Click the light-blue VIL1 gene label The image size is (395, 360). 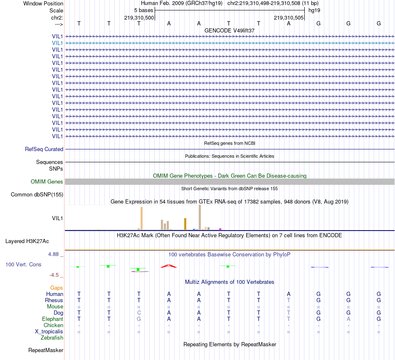click(57, 43)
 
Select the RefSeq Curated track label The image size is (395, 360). click(44, 149)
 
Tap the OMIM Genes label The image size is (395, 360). click(47, 181)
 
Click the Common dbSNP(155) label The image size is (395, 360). click(37, 194)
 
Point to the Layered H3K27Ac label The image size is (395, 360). click(27, 241)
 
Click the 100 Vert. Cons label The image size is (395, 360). click(23, 264)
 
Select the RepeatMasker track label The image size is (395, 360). click(45, 350)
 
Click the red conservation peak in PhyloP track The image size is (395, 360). click(168, 266)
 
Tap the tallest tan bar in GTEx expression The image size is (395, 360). click(200, 217)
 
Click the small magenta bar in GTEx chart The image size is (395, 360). click(220, 228)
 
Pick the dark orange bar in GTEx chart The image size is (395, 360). click(185, 223)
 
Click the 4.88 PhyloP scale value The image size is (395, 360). click(55, 254)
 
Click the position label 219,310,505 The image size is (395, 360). click(289, 18)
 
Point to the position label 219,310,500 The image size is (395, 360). click(139, 18)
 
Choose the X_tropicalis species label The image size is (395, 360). click(49, 332)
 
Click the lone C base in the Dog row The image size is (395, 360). click(139, 313)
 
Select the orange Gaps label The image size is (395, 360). click(57, 288)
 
